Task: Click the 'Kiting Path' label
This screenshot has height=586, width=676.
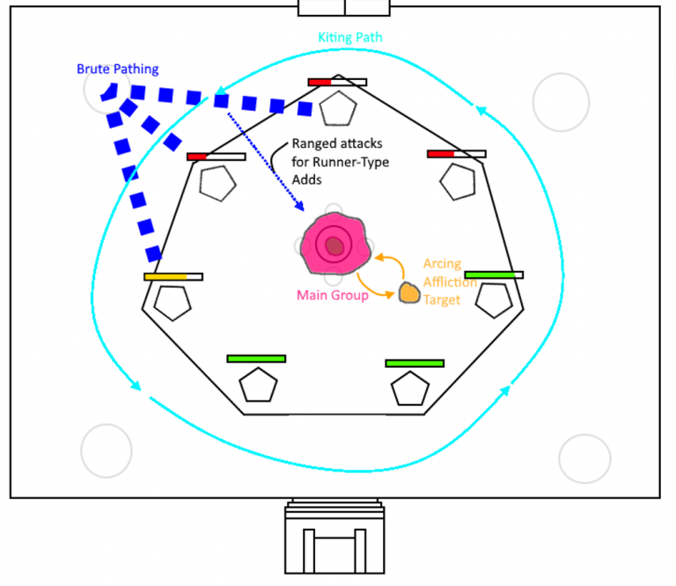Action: point(349,38)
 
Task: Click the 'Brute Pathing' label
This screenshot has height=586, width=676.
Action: point(117,68)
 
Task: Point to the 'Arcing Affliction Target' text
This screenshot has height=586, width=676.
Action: point(448,283)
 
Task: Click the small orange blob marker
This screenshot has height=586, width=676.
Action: point(409,292)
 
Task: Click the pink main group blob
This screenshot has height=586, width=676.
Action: point(333,245)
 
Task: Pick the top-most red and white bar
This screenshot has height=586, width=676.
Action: point(337,82)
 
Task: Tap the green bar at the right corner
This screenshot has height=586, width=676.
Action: point(494,275)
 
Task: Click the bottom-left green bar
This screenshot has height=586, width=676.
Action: point(256,358)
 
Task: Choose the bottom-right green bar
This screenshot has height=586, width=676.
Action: point(415,363)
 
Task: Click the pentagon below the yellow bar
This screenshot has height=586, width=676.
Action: point(173,302)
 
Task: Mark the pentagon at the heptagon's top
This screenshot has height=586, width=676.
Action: point(337,108)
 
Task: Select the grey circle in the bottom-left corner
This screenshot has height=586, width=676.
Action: point(107,450)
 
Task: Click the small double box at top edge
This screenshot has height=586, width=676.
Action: point(344,7)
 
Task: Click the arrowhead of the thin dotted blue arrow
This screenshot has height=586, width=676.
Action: point(302,209)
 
